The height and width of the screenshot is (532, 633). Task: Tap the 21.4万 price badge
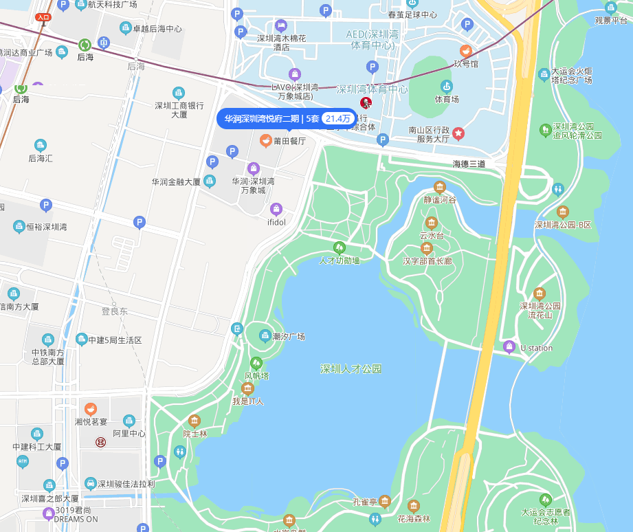(337, 118)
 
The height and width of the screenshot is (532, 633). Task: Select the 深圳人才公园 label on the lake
(351, 369)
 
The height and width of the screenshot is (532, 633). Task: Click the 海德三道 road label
(469, 164)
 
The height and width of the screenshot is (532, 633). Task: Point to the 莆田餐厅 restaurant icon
(265, 140)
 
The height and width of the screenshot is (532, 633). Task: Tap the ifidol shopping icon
(276, 209)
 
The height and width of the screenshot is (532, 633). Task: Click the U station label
(536, 348)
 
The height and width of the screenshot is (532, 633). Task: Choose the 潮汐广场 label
(289, 337)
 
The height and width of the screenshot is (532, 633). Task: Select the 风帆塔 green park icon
(256, 362)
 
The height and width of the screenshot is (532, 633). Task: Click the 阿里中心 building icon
(129, 421)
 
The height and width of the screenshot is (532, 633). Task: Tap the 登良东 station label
(115, 311)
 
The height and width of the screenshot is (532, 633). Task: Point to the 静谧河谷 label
(440, 201)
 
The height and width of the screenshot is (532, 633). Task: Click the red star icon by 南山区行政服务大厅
(458, 133)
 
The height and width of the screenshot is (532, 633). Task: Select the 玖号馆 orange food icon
(465, 51)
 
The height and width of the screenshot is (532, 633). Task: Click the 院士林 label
(195, 434)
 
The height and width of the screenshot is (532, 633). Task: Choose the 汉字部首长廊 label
(427, 261)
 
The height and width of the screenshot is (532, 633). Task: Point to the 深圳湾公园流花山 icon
(540, 293)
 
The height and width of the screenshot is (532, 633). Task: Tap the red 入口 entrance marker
(43, 17)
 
